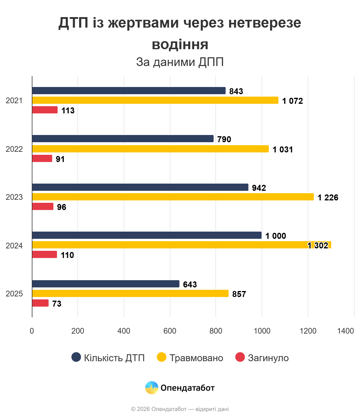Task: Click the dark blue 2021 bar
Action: (x=129, y=91)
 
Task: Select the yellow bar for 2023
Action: (x=173, y=197)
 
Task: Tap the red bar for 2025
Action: (x=40, y=303)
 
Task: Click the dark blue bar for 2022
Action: (x=123, y=139)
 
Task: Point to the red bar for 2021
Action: (x=45, y=110)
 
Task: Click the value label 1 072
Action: (x=292, y=101)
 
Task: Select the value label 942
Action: (x=259, y=188)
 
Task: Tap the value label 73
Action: (x=57, y=304)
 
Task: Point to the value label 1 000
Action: (x=276, y=236)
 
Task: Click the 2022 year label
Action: (x=14, y=149)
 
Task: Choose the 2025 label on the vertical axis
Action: (x=14, y=294)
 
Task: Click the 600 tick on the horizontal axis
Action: (x=170, y=331)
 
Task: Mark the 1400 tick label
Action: (x=345, y=331)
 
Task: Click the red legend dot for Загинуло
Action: (x=240, y=357)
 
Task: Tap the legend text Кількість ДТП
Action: (x=114, y=358)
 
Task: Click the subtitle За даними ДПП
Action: (x=180, y=62)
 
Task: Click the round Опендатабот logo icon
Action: (x=151, y=388)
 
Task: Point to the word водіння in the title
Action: (x=180, y=45)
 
